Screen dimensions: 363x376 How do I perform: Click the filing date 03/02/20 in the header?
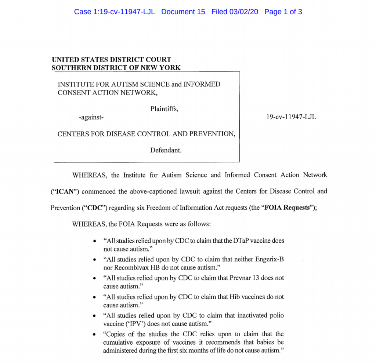click(x=244, y=12)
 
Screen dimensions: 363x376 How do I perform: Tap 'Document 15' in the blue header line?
click(x=183, y=12)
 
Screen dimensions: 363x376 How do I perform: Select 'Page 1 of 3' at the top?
click(x=283, y=12)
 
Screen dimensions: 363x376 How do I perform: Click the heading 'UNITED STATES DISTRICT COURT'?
click(x=111, y=59)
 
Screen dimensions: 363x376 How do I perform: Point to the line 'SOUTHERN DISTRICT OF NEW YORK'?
click(x=116, y=67)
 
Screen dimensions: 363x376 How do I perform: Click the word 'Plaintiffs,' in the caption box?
click(x=164, y=109)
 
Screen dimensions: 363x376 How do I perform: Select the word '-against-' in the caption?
click(x=91, y=117)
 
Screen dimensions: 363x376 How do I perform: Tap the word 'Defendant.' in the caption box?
click(x=166, y=150)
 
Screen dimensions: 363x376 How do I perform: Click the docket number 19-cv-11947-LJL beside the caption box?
click(x=292, y=117)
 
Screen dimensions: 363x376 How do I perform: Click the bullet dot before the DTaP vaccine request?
click(x=95, y=241)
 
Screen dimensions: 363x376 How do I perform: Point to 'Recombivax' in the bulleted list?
click(x=123, y=268)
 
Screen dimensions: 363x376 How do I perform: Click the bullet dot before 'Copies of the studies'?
click(x=95, y=334)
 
